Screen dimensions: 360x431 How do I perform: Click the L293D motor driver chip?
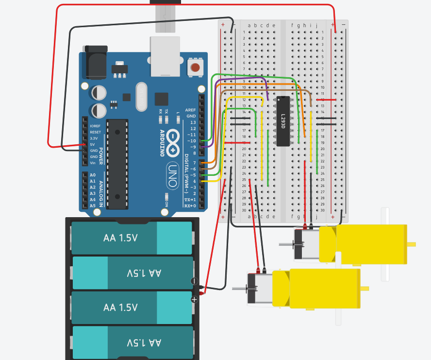(x=282, y=121)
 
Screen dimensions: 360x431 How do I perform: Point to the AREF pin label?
(x=191, y=110)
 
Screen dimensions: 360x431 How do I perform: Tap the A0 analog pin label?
(x=92, y=175)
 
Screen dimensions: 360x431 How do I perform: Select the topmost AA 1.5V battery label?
(x=120, y=238)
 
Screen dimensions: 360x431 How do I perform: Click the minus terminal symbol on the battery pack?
(x=194, y=281)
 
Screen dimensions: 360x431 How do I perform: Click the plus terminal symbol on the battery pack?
(x=194, y=300)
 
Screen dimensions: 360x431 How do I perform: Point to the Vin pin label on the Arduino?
(x=93, y=163)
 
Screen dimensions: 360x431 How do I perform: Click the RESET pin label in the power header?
(x=95, y=132)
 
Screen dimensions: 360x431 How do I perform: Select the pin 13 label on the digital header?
(x=193, y=122)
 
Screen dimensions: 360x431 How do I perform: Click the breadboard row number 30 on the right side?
(x=322, y=210)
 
